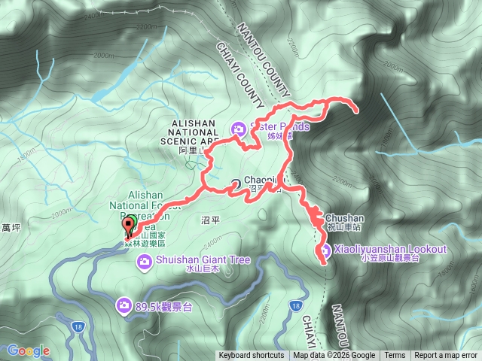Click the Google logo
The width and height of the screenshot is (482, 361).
pos(29,350)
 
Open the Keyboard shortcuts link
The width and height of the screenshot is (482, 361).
pos(252,356)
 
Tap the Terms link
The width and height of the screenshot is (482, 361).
pos(394,356)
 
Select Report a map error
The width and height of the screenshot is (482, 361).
pos(447,356)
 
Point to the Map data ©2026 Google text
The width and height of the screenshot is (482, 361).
pos(334,356)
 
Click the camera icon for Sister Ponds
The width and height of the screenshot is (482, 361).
pos(239,128)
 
